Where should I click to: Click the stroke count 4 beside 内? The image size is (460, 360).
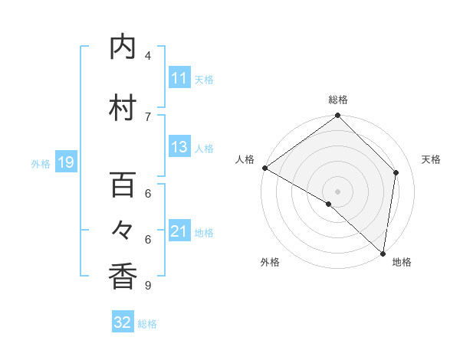tap(148, 56)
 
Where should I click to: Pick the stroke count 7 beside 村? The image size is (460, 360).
tap(148, 116)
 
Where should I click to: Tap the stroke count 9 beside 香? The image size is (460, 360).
tap(148, 286)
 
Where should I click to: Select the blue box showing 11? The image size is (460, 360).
tap(179, 78)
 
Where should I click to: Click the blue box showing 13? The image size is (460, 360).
tap(179, 148)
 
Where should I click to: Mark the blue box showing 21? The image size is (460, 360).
tap(179, 231)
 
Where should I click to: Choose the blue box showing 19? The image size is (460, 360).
tap(65, 162)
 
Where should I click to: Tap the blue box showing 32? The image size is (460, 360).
tap(123, 322)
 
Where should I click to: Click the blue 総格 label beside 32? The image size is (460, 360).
tap(147, 324)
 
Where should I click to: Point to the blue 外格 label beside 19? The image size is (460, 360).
tap(41, 163)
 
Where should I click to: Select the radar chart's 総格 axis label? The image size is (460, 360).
tap(338, 100)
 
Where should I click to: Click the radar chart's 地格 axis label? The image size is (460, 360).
tap(402, 263)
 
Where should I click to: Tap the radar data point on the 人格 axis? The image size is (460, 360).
tap(264, 168)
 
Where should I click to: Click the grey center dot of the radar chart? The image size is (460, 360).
tap(337, 191)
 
